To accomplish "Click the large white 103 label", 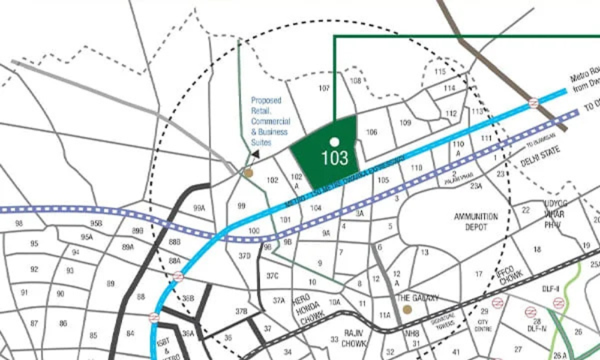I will coord(335,158).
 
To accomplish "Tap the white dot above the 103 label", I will coord(335,142).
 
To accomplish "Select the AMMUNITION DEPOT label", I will coord(476,221).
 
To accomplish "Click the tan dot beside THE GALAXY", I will coord(407,310).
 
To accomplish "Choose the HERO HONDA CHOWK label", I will coord(308,308).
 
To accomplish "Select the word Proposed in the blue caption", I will coord(266,101).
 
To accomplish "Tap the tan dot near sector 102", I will coord(248,173).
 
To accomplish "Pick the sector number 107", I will coord(325,88).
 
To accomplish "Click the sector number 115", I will coord(440,72).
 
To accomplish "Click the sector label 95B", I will coord(96,223).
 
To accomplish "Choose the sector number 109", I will coord(405,123).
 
